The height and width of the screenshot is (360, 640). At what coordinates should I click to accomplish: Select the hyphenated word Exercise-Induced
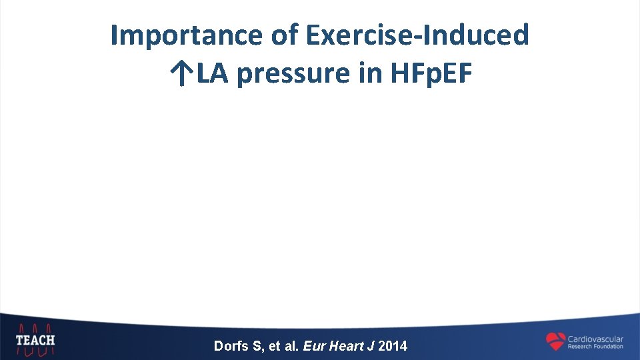pos(418,35)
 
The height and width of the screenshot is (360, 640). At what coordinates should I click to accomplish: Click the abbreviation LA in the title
pos(211,75)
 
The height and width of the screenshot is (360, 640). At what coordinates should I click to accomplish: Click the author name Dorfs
pos(230,346)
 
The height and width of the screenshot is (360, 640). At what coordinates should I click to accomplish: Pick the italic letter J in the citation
pos(370,346)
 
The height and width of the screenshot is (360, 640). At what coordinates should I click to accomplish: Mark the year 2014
pos(392,346)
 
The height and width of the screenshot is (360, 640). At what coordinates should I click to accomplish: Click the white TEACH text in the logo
pos(35,341)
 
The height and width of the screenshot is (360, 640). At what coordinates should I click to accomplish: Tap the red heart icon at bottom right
pos(555,341)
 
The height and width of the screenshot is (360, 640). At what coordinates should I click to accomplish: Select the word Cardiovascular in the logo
pos(595,339)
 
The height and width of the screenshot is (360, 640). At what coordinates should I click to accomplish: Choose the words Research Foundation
pos(595,347)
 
